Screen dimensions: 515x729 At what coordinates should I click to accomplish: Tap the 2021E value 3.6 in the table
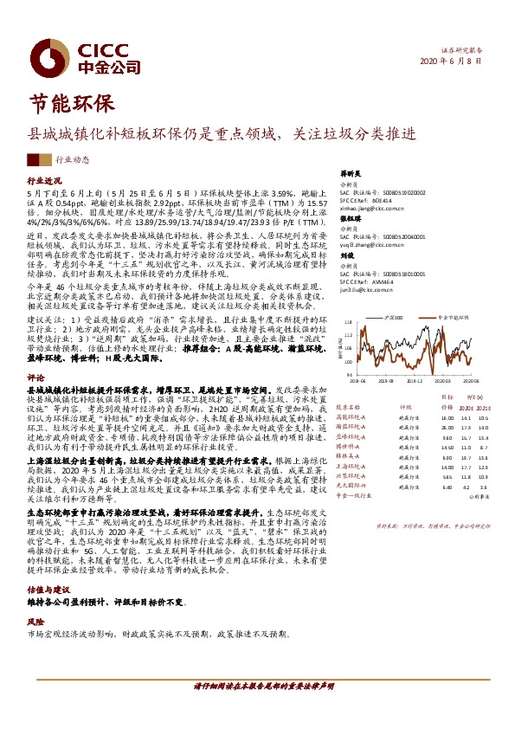486,487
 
